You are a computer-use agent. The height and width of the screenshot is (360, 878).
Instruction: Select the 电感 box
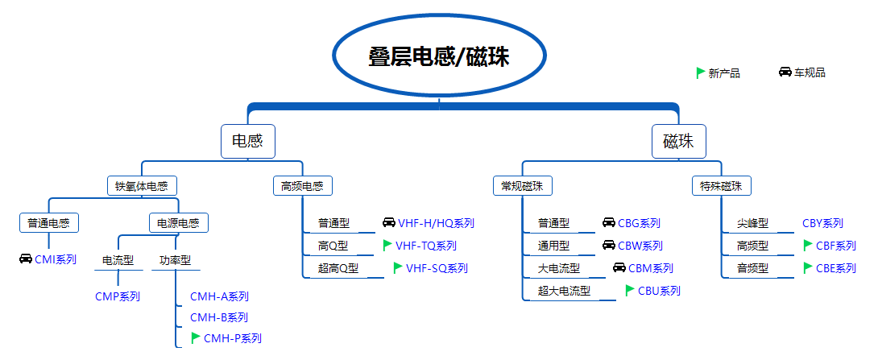tap(248, 141)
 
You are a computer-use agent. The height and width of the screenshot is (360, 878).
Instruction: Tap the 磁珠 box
tap(678, 141)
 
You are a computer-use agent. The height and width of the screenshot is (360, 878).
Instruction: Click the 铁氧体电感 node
tap(142, 186)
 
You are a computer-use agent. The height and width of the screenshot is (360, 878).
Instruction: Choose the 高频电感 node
tap(301, 186)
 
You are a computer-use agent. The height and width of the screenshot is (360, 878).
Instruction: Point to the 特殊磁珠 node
tap(721, 186)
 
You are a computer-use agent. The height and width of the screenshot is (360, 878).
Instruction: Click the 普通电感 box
tap(48, 222)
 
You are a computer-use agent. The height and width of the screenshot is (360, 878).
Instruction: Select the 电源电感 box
tap(178, 222)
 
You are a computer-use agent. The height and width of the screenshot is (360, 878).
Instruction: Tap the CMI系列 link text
tap(55, 259)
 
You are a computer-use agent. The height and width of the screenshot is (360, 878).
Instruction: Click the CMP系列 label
tap(118, 296)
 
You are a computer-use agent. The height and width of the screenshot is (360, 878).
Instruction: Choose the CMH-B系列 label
tap(219, 317)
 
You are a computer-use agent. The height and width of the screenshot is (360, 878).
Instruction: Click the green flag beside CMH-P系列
tap(196, 338)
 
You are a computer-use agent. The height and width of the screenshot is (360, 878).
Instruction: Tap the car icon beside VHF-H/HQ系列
tap(388, 223)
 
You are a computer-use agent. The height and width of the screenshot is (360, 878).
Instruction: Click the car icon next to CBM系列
tap(619, 268)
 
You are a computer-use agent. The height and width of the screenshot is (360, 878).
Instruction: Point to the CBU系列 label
tap(659, 291)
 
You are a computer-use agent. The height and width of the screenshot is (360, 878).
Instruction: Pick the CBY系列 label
tap(822, 223)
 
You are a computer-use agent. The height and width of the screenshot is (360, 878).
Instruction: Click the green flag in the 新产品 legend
tap(701, 72)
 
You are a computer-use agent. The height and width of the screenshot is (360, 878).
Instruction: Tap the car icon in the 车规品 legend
tap(785, 72)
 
